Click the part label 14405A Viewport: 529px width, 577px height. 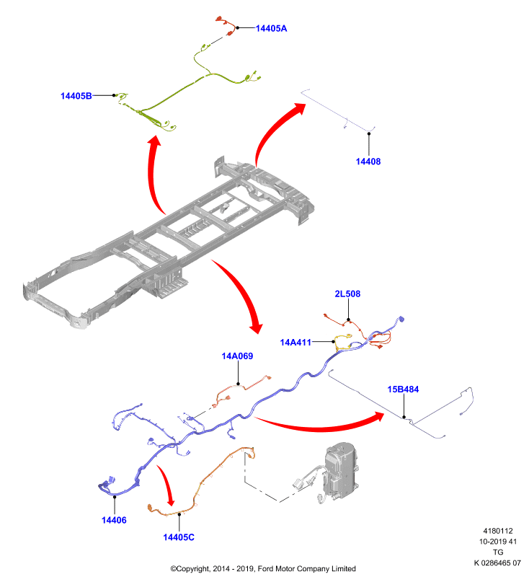tap(271, 28)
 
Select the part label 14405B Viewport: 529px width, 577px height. tap(76, 96)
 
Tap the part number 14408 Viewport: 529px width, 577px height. tap(368, 162)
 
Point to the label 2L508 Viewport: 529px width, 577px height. tap(347, 294)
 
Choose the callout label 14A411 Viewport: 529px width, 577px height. tap(295, 343)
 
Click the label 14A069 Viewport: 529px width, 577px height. tap(237, 356)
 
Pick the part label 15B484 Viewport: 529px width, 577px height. tap(403, 389)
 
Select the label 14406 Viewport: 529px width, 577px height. tap(114, 520)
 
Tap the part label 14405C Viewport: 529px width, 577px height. tap(179, 537)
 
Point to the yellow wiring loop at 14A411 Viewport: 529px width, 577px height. tap(342, 342)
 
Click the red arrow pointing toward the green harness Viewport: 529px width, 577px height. tap(151, 173)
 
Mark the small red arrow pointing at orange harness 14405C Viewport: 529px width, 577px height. tap(166, 485)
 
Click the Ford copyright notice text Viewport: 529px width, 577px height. tap(263, 569)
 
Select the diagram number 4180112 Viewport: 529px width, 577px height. tap(498, 531)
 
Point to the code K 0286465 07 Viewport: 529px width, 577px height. tap(497, 563)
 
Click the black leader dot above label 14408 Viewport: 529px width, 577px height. tap(369, 134)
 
